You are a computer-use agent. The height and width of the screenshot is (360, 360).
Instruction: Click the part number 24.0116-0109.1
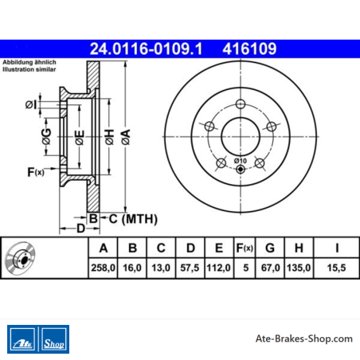[x=146, y=49]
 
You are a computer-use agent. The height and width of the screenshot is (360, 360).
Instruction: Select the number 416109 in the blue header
[x=249, y=49]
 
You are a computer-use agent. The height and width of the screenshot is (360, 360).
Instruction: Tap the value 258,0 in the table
[x=103, y=268]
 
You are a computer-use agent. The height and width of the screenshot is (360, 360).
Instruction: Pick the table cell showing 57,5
[x=190, y=268]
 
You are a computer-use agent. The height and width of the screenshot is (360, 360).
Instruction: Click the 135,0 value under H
[x=299, y=268]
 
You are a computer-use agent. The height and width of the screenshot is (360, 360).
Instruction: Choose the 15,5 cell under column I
[x=336, y=268]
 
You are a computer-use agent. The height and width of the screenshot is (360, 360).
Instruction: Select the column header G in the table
[x=270, y=248]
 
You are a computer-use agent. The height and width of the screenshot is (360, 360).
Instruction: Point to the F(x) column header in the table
[x=245, y=248]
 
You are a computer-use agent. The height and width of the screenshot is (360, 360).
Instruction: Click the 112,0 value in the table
[x=218, y=268]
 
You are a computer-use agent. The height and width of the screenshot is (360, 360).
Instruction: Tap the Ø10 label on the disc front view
[x=241, y=161]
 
